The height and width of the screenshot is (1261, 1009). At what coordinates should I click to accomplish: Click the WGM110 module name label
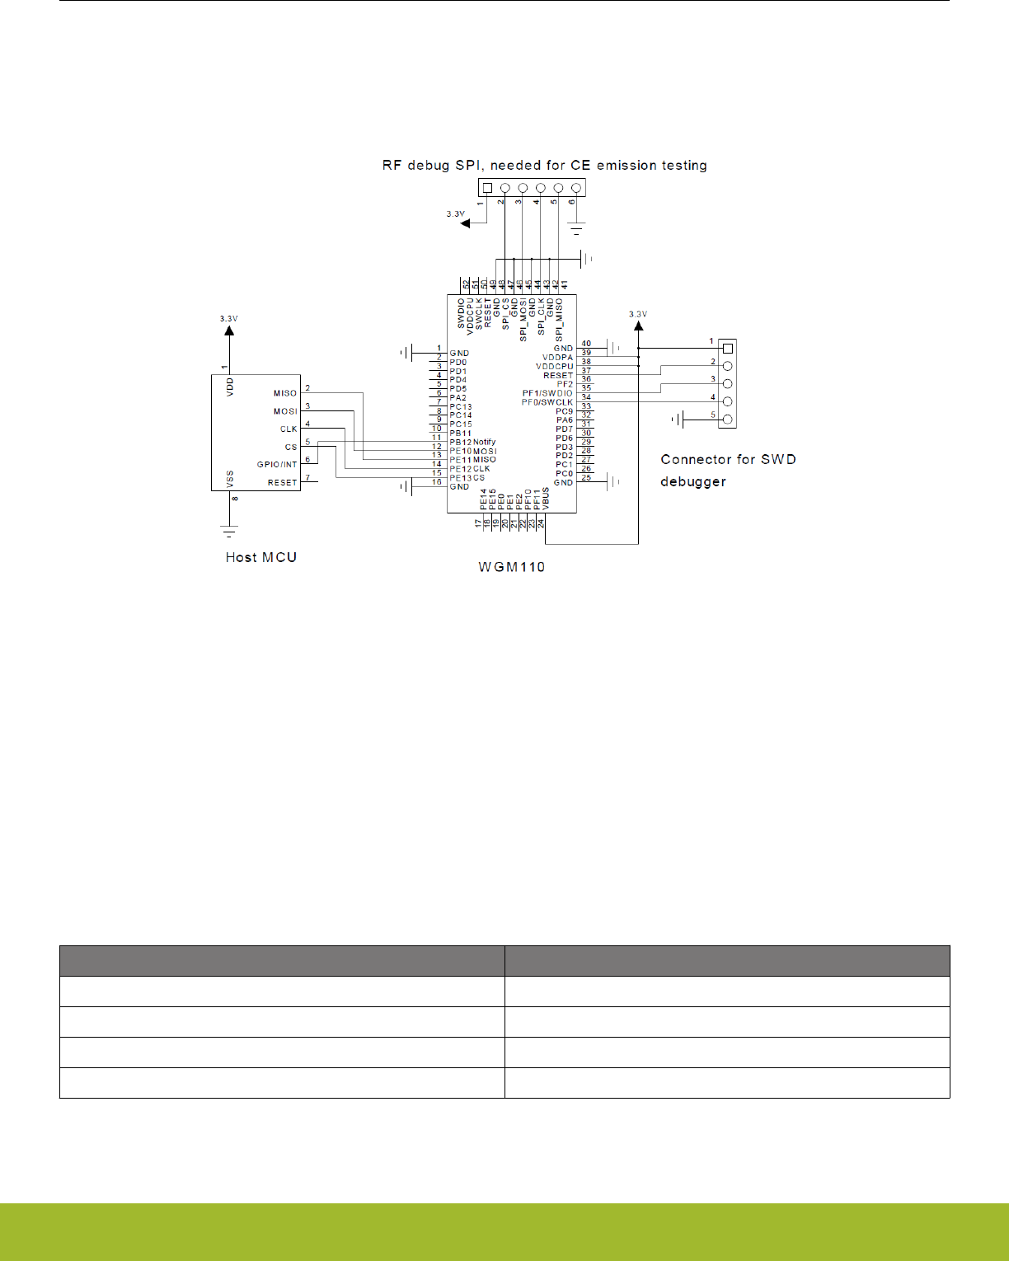pyautogui.click(x=511, y=567)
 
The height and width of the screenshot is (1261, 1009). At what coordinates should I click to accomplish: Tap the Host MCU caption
pyautogui.click(x=260, y=557)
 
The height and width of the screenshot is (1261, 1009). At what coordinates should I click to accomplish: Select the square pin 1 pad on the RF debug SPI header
pyautogui.click(x=487, y=188)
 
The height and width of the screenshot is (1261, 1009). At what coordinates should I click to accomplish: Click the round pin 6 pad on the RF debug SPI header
pyautogui.click(x=576, y=188)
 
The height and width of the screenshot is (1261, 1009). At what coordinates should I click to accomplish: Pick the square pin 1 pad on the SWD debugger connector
pyautogui.click(x=727, y=349)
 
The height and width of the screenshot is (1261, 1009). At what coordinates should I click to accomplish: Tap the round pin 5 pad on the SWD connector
pyautogui.click(x=727, y=420)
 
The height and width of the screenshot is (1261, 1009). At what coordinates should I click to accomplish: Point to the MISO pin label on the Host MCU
pyautogui.click(x=285, y=393)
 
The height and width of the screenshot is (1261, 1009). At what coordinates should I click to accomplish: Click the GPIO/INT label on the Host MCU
pyautogui.click(x=277, y=465)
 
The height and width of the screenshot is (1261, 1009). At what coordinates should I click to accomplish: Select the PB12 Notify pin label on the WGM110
pyautogui.click(x=472, y=443)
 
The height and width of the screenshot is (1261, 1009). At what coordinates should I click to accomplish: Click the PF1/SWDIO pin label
pyautogui.click(x=547, y=393)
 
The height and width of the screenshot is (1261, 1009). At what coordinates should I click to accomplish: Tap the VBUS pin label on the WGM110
pyautogui.click(x=546, y=499)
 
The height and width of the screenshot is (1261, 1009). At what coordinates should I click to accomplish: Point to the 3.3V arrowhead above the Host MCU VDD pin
pyautogui.click(x=229, y=330)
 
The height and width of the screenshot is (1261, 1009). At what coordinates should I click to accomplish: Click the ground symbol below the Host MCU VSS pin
pyautogui.click(x=229, y=531)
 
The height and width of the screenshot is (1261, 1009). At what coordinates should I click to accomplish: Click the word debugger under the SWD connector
pyautogui.click(x=692, y=481)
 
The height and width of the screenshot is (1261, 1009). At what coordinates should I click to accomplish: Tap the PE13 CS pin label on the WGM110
pyautogui.click(x=467, y=478)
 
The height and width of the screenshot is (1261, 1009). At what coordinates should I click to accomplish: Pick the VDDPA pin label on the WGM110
pyautogui.click(x=557, y=358)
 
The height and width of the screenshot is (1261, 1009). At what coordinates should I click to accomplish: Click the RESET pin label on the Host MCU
pyautogui.click(x=282, y=483)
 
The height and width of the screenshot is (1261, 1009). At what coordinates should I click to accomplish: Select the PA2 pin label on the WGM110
pyautogui.click(x=458, y=398)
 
